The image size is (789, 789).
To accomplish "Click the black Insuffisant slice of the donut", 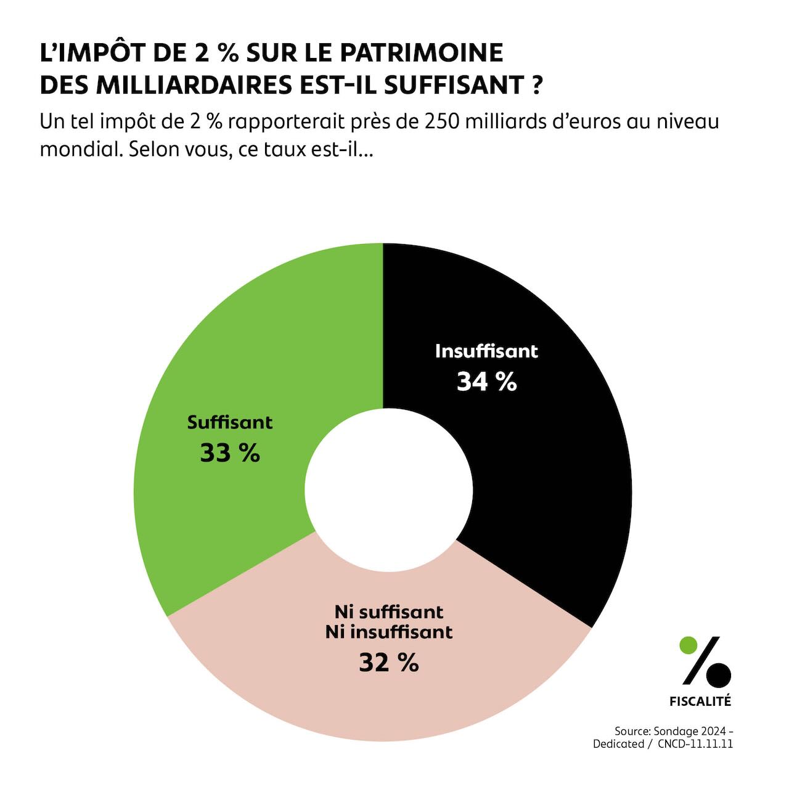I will [542, 468].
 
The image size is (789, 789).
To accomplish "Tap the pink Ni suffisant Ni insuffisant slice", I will [382, 697].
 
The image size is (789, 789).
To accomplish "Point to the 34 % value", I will [486, 382].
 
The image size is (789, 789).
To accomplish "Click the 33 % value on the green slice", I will [230, 454].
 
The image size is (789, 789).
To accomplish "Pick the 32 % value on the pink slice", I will [389, 663].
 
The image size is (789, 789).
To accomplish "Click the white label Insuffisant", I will [486, 351].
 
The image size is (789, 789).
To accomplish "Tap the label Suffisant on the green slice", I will [230, 423].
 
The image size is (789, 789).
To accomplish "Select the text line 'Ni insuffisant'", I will [389, 632].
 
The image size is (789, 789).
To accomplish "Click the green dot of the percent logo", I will [688, 645].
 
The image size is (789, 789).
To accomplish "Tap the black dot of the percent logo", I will [719, 675].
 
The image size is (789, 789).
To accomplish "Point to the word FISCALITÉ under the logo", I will [700, 701].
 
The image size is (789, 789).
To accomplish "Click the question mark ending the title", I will [536, 85].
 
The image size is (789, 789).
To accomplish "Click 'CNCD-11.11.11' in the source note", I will [695, 744].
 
